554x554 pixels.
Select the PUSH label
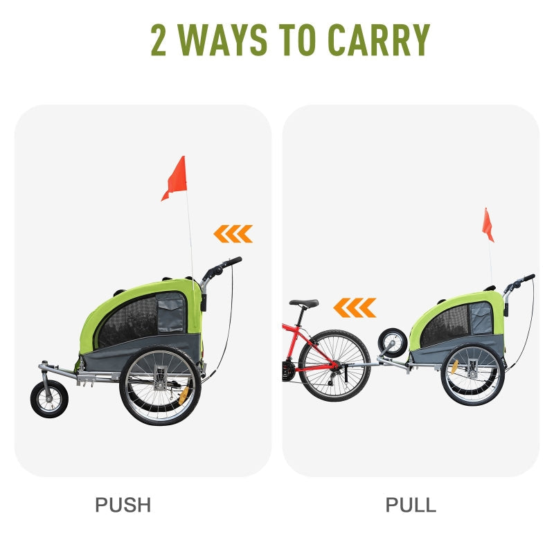123,505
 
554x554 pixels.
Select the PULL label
411,505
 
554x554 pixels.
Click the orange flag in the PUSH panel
176,177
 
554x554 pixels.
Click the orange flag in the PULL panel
488,226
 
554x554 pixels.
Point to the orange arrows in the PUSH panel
233,234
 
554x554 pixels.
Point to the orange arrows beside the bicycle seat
355,307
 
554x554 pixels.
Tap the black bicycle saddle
304,303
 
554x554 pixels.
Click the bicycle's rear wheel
333,365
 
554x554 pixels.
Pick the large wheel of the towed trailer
472,375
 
